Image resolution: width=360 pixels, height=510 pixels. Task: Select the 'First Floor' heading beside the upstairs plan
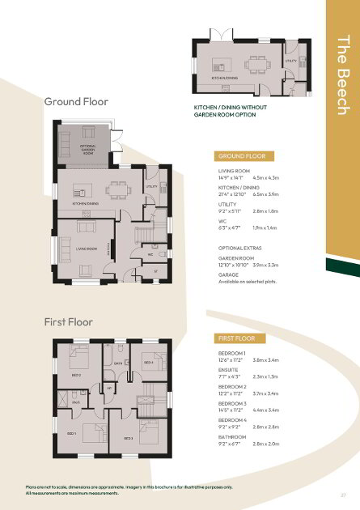[69, 322]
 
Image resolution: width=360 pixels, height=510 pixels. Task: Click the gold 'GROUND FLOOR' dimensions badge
[240, 155]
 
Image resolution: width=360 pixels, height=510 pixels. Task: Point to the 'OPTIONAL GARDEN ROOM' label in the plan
[88, 149]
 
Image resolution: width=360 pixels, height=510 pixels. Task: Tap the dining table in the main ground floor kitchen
[119, 188]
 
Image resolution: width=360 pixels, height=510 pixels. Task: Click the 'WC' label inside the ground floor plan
[150, 253]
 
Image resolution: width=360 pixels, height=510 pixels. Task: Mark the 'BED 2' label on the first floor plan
[76, 376]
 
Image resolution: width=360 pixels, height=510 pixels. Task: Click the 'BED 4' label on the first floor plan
[147, 362]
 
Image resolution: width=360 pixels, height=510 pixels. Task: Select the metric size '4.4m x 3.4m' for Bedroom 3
[266, 411]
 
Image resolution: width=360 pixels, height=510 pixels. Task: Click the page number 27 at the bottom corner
[343, 494]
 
